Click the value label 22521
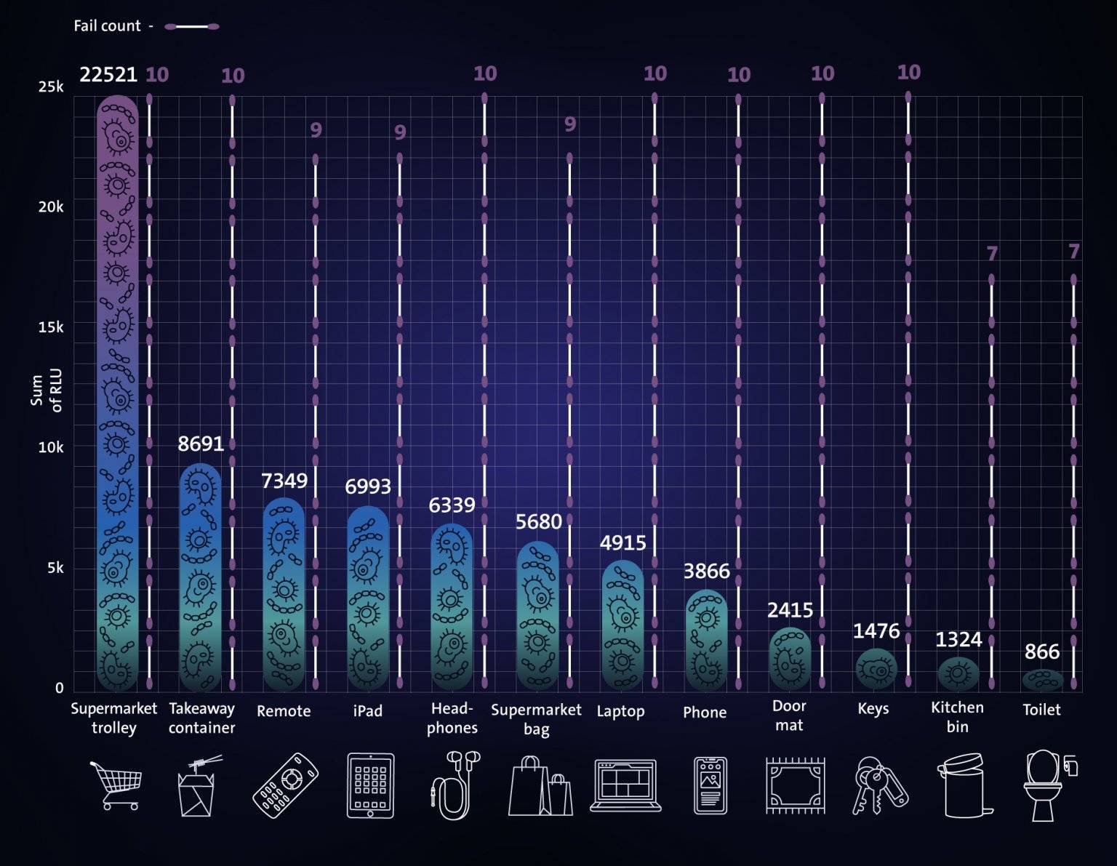coord(108,75)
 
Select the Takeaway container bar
coord(200,577)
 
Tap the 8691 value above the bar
coord(201,444)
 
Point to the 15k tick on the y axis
coord(51,327)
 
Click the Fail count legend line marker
coord(192,27)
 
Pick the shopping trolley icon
coord(115,785)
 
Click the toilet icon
coord(1047,785)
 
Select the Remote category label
coord(284,711)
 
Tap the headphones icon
coord(453,785)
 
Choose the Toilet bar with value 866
coord(1042,680)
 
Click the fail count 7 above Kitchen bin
coord(992,254)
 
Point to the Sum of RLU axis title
coord(47,390)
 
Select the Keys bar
coord(876,668)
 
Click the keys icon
coord(878,786)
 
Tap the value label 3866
coord(706,572)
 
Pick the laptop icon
coord(625,785)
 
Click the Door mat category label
coord(789,715)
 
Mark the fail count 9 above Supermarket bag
coord(570,124)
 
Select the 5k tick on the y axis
coord(55,568)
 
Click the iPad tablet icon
coord(370,785)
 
